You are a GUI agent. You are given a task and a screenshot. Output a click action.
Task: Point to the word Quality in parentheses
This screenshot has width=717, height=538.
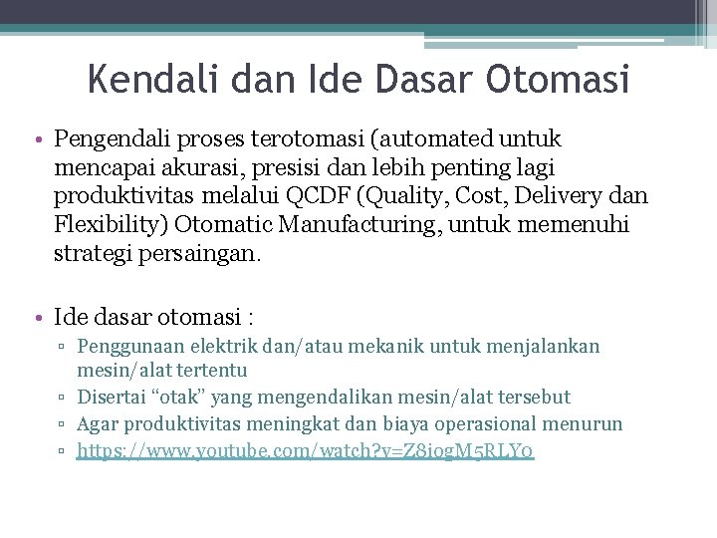410,196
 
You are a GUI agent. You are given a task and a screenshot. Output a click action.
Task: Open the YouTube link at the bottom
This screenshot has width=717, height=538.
306,451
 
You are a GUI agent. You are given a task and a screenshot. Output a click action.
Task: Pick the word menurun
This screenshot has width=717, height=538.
587,424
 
